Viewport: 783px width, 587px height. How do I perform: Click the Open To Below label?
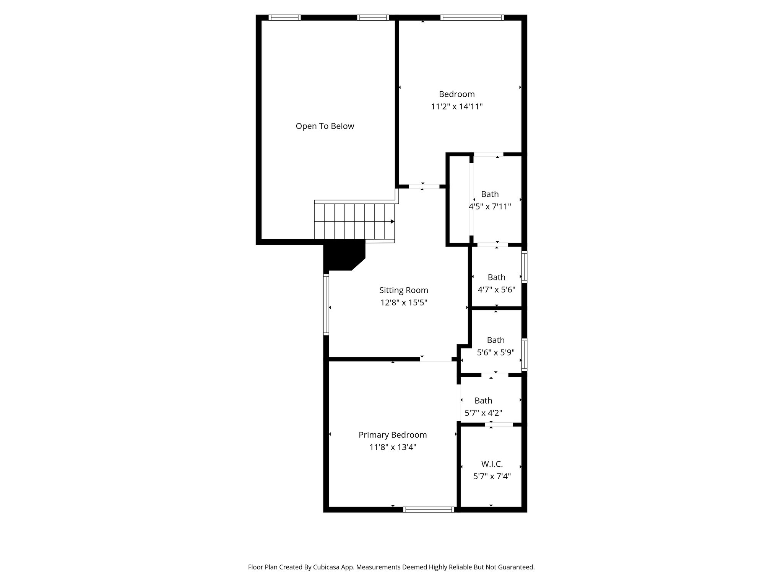[325, 126]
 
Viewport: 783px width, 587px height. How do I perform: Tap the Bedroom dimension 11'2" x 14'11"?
[456, 107]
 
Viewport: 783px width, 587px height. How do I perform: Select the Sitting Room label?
[403, 290]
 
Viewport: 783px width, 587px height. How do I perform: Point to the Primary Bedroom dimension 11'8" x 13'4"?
[393, 447]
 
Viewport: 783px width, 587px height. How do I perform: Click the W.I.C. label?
[492, 464]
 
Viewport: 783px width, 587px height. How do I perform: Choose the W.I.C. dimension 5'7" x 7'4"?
[492, 477]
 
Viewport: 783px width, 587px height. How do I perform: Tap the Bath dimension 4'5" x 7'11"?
[490, 207]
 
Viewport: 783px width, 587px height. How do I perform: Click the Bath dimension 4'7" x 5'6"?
[496, 290]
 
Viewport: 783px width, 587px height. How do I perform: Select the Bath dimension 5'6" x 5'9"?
[495, 352]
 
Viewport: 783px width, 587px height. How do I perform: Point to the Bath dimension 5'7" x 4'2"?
[483, 413]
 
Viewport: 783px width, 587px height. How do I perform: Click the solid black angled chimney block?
[343, 255]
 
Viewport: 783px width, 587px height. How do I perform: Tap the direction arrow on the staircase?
[392, 222]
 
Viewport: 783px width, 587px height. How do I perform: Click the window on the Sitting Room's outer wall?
[326, 305]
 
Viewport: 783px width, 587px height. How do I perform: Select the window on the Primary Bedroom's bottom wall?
[429, 509]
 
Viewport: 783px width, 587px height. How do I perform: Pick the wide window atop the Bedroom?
[472, 18]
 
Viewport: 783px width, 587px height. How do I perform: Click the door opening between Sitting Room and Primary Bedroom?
[436, 359]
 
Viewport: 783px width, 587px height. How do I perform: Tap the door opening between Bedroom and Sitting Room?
[424, 186]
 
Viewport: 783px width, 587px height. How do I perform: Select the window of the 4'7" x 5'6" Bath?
[525, 267]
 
